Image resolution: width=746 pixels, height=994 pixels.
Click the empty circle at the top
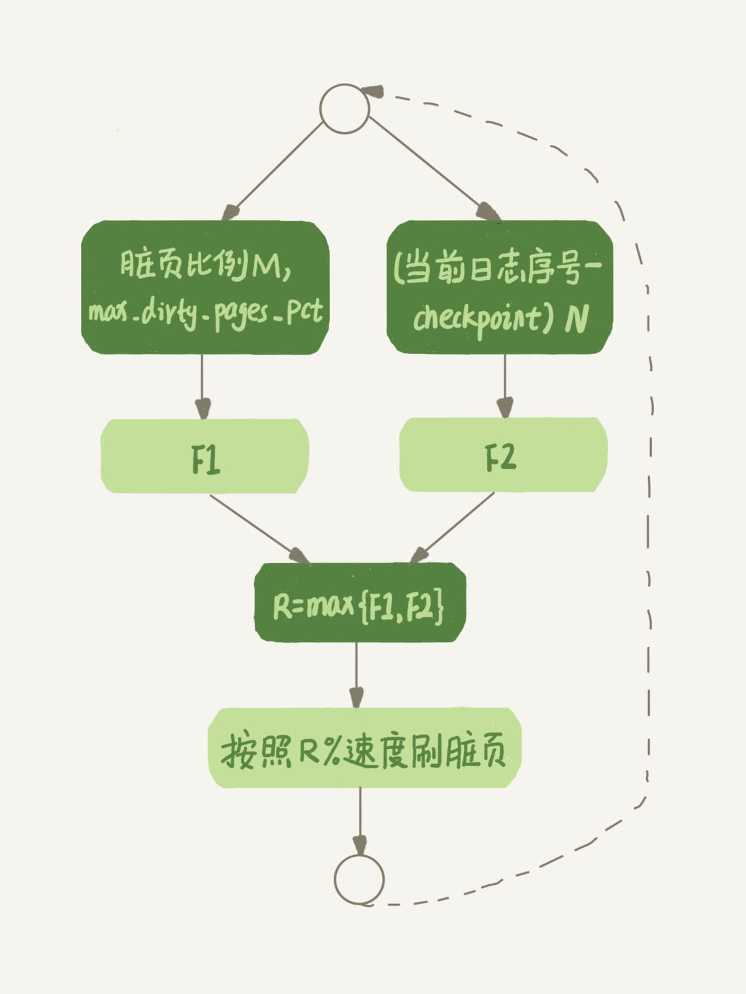point(344,108)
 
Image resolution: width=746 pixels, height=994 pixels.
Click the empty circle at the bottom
point(359,879)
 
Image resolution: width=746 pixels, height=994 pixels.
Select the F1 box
point(204,457)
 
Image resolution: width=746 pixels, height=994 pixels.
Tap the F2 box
point(502,455)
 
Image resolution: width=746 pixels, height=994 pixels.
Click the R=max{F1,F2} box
point(359,603)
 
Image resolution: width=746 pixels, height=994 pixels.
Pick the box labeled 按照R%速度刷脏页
point(364,748)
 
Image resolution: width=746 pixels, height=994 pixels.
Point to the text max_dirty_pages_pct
point(205,313)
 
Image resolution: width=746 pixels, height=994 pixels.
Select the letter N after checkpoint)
point(576,318)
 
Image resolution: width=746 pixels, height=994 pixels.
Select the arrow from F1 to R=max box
point(258,528)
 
